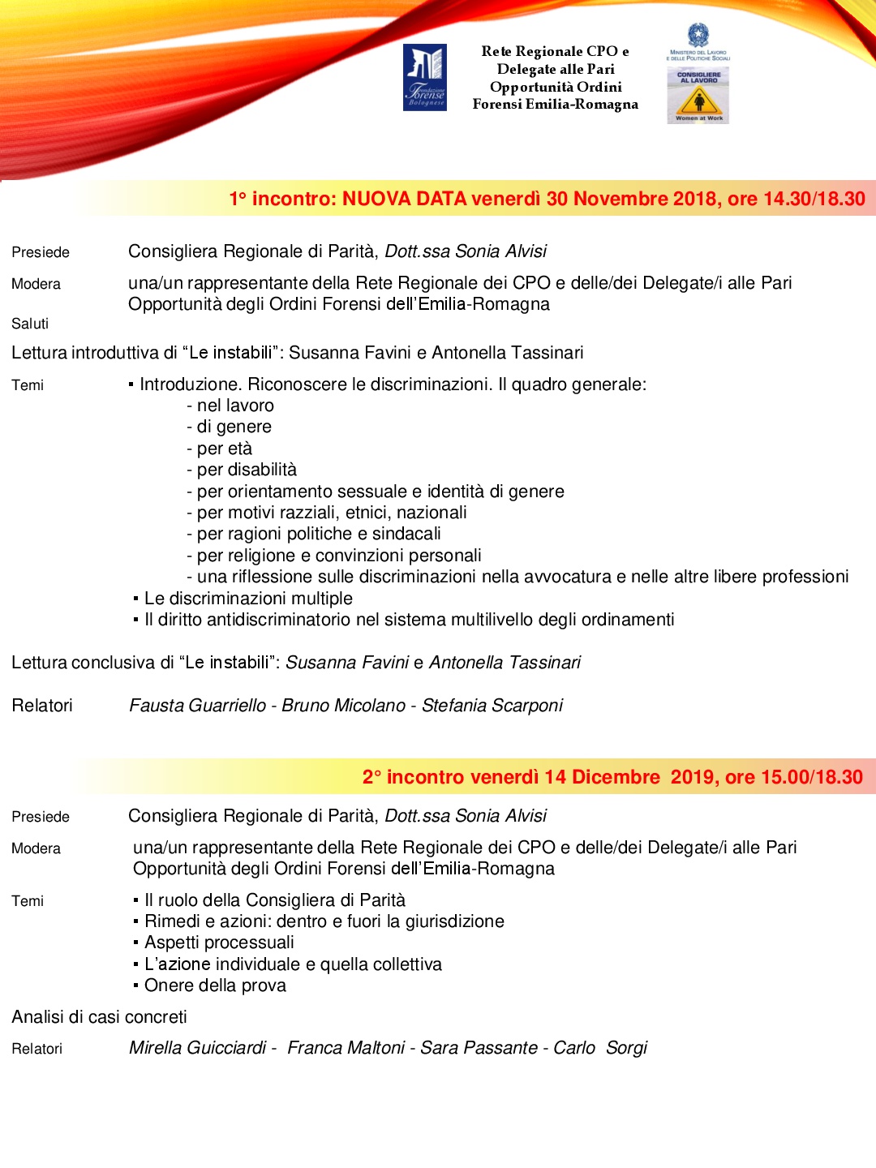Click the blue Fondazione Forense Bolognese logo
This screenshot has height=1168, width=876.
pos(425,78)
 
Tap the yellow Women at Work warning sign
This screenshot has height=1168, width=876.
pos(698,101)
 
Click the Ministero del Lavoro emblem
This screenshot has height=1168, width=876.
pos(698,35)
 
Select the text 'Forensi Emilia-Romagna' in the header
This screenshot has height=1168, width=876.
pos(556,104)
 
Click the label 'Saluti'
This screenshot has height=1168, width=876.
pos(30,324)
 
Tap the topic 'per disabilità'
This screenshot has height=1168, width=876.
pos(247,470)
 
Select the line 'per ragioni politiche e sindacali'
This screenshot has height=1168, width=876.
pos(319,534)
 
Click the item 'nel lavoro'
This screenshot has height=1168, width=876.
pos(235,406)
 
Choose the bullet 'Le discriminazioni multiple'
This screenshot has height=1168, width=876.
pos(248,599)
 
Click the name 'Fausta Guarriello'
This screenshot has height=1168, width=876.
pos(198,706)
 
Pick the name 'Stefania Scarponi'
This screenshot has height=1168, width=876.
pos(492,706)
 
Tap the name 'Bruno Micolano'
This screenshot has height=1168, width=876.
pos(343,706)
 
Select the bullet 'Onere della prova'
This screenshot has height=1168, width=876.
pos(215,985)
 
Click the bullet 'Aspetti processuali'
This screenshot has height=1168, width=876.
pos(219,943)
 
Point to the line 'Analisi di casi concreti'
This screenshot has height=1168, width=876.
pos(99,1017)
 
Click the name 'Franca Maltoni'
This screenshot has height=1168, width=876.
pos(346,1048)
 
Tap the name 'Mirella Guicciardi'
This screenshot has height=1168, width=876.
pos(198,1048)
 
